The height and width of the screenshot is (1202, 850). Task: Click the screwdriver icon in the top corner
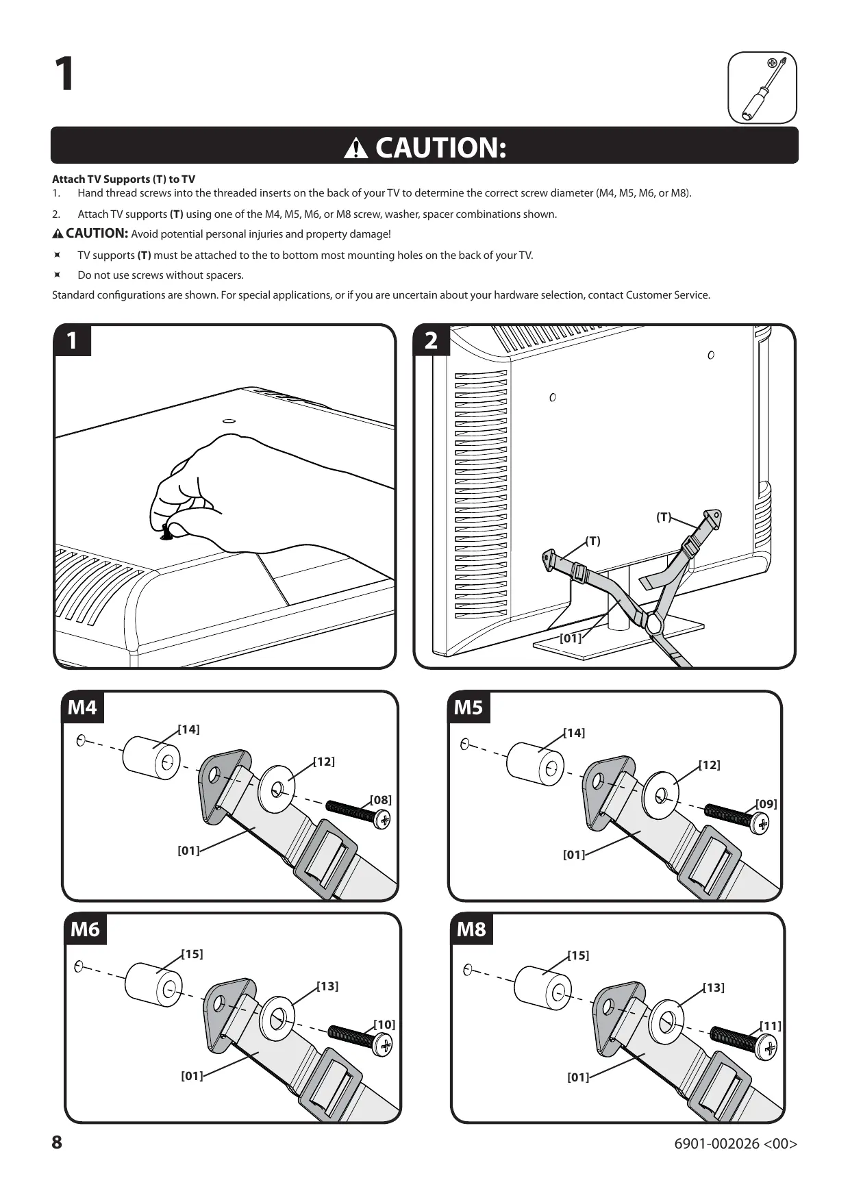(762, 88)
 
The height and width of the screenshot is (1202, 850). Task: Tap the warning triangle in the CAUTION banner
(356, 147)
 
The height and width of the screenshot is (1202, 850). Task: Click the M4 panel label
(82, 707)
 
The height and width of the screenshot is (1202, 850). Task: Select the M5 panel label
(468, 707)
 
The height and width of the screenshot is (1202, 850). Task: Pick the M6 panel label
(85, 929)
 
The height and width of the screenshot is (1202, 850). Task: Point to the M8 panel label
(471, 929)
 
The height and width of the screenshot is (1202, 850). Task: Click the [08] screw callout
(381, 800)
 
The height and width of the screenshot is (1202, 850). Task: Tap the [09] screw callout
(766, 804)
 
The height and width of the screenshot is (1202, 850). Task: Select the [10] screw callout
(384, 1025)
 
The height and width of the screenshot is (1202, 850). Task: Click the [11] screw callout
(771, 1026)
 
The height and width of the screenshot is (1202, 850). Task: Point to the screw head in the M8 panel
(768, 1048)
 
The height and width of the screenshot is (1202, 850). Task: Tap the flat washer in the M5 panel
(661, 794)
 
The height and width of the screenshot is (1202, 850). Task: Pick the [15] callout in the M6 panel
(192, 954)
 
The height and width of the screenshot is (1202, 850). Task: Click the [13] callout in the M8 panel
(714, 988)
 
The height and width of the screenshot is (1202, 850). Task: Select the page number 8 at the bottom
(57, 1142)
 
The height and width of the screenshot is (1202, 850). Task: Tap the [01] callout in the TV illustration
(570, 638)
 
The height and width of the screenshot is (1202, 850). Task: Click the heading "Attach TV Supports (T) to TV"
(123, 179)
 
